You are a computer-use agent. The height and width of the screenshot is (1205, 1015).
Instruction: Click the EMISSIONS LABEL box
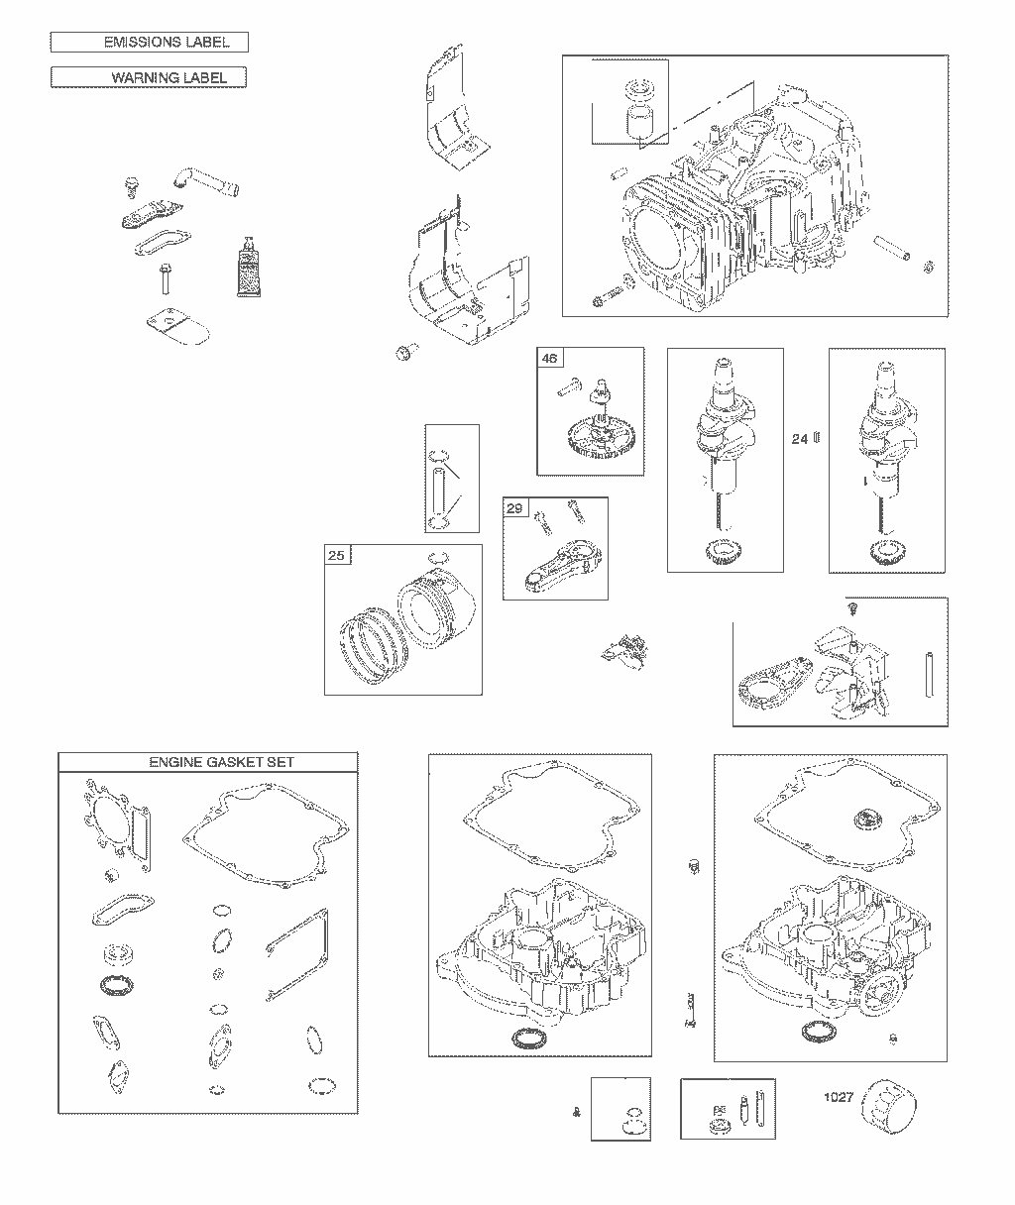tap(150, 43)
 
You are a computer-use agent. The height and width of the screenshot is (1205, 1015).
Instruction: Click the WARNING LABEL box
tap(149, 77)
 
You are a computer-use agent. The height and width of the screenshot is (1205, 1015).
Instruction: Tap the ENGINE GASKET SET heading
tap(222, 762)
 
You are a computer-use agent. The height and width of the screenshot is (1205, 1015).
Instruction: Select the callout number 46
tap(550, 359)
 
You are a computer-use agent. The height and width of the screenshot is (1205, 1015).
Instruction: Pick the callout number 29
tap(514, 508)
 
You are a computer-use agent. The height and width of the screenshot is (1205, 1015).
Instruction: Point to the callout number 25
tap(336, 555)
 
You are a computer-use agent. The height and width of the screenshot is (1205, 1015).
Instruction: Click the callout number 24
tap(800, 439)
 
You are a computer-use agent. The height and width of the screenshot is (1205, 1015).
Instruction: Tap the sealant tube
tap(248, 268)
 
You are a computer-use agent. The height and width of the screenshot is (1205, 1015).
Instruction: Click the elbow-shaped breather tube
tap(205, 180)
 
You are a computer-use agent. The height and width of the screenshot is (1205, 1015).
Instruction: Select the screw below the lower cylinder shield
tap(406, 352)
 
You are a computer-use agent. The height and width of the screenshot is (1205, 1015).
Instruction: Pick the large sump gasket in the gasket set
tap(266, 835)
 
